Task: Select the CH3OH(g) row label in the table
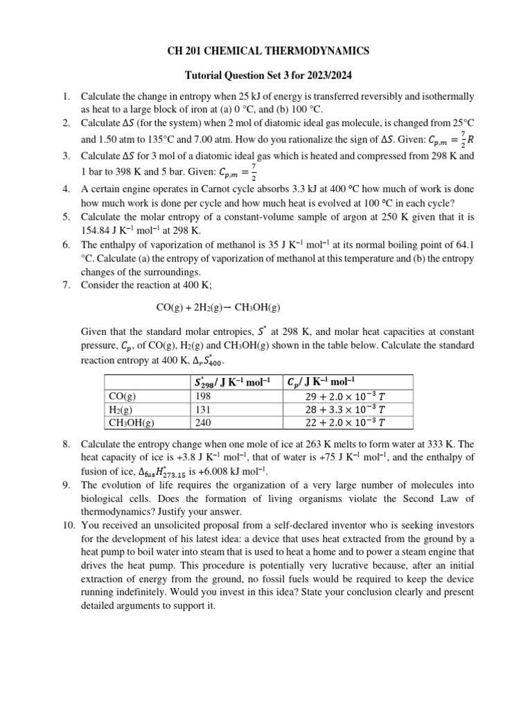coord(132,422)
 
